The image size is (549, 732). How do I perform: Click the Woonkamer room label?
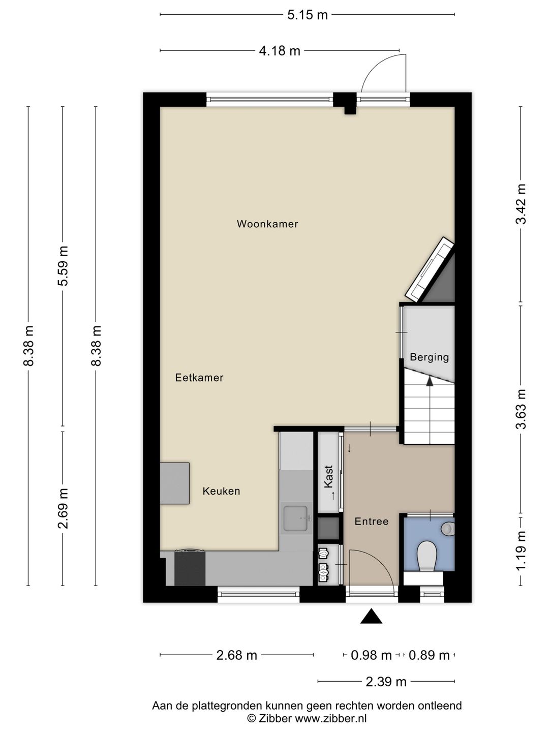tap(267, 224)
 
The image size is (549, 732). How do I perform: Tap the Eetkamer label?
tap(199, 378)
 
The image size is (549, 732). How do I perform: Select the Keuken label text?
tap(221, 491)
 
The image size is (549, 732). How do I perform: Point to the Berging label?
tap(430, 357)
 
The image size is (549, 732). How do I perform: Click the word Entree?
tap(372, 522)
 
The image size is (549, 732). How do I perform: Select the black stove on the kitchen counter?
tap(190, 568)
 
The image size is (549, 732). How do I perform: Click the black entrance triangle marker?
tap(371, 617)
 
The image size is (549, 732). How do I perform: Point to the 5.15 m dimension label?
tap(308, 15)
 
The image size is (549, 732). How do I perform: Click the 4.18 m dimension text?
tap(280, 51)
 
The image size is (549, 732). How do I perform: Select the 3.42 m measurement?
tap(521, 203)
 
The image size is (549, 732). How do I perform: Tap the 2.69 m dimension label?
tap(63, 508)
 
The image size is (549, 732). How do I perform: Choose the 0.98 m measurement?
tap(371, 655)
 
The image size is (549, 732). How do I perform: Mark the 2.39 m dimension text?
tap(386, 682)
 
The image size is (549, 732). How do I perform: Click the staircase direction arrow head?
tap(430, 380)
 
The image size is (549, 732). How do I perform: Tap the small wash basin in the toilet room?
tap(448, 529)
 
